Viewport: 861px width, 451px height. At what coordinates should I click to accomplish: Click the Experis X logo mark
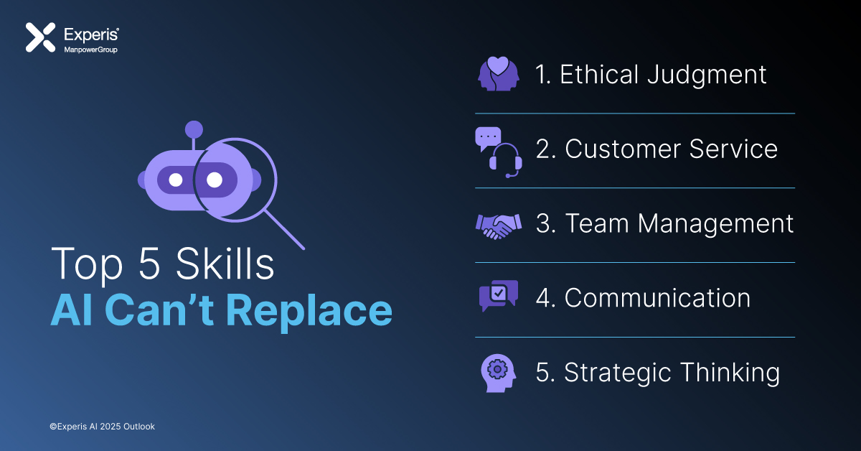pyautogui.click(x=40, y=37)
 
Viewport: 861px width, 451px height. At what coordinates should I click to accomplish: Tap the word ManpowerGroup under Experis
pyautogui.click(x=90, y=50)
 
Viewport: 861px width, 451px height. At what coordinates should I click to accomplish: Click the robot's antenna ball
pyautogui.click(x=194, y=130)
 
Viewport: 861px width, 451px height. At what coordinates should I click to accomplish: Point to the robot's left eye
pyautogui.click(x=176, y=180)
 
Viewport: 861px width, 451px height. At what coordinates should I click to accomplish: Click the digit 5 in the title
pyautogui.click(x=149, y=264)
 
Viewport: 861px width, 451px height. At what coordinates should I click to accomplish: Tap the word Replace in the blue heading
pyautogui.click(x=309, y=311)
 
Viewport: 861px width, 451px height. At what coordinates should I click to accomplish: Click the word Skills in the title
pyautogui.click(x=225, y=264)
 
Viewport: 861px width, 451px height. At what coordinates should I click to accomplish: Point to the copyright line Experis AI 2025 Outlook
pyautogui.click(x=102, y=427)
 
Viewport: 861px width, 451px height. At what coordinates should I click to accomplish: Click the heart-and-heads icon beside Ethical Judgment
pyautogui.click(x=499, y=74)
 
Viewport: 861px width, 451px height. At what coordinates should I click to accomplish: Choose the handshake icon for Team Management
pyautogui.click(x=499, y=226)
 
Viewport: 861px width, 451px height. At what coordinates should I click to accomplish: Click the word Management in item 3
pyautogui.click(x=715, y=224)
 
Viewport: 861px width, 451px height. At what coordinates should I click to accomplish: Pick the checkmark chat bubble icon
pyautogui.click(x=499, y=296)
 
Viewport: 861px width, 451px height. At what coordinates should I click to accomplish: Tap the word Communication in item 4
pyautogui.click(x=657, y=298)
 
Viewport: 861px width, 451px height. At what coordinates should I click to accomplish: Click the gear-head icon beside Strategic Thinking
pyautogui.click(x=498, y=373)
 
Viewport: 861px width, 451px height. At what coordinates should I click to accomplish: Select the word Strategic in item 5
pyautogui.click(x=618, y=373)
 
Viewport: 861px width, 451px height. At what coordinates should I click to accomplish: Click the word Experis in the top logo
pyautogui.click(x=92, y=35)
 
